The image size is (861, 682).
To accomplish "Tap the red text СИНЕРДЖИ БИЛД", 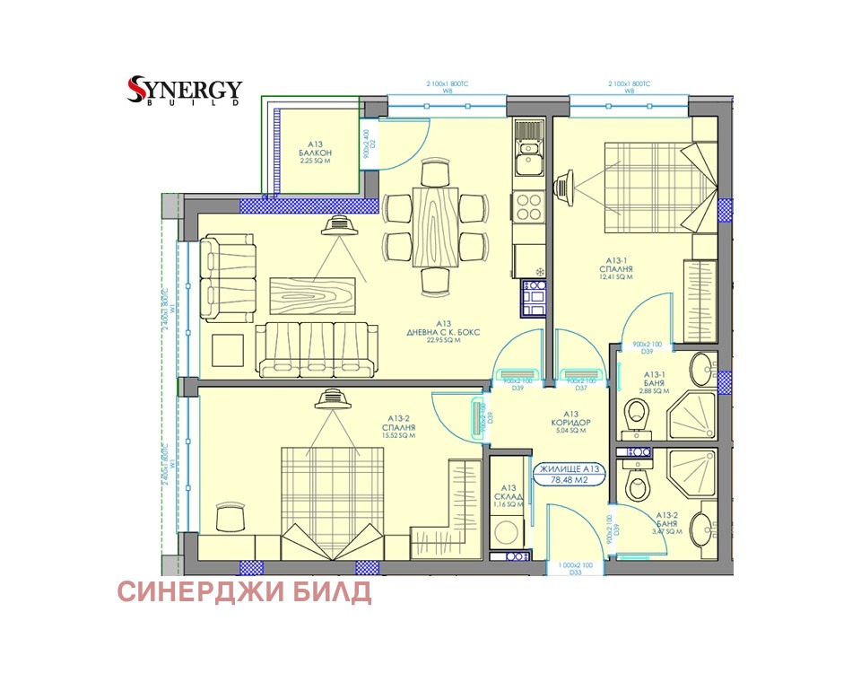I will tap(244, 592).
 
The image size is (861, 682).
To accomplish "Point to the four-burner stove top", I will tap(528, 205).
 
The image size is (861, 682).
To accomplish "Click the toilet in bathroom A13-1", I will tap(639, 414).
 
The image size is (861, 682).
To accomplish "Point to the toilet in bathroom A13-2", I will tap(637, 485).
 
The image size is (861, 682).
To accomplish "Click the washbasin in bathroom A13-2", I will tap(704, 525).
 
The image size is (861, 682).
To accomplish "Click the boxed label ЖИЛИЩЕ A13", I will tap(568, 468).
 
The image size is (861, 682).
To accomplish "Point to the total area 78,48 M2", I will tap(568, 480).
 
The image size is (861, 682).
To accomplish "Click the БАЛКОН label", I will tap(315, 153).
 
